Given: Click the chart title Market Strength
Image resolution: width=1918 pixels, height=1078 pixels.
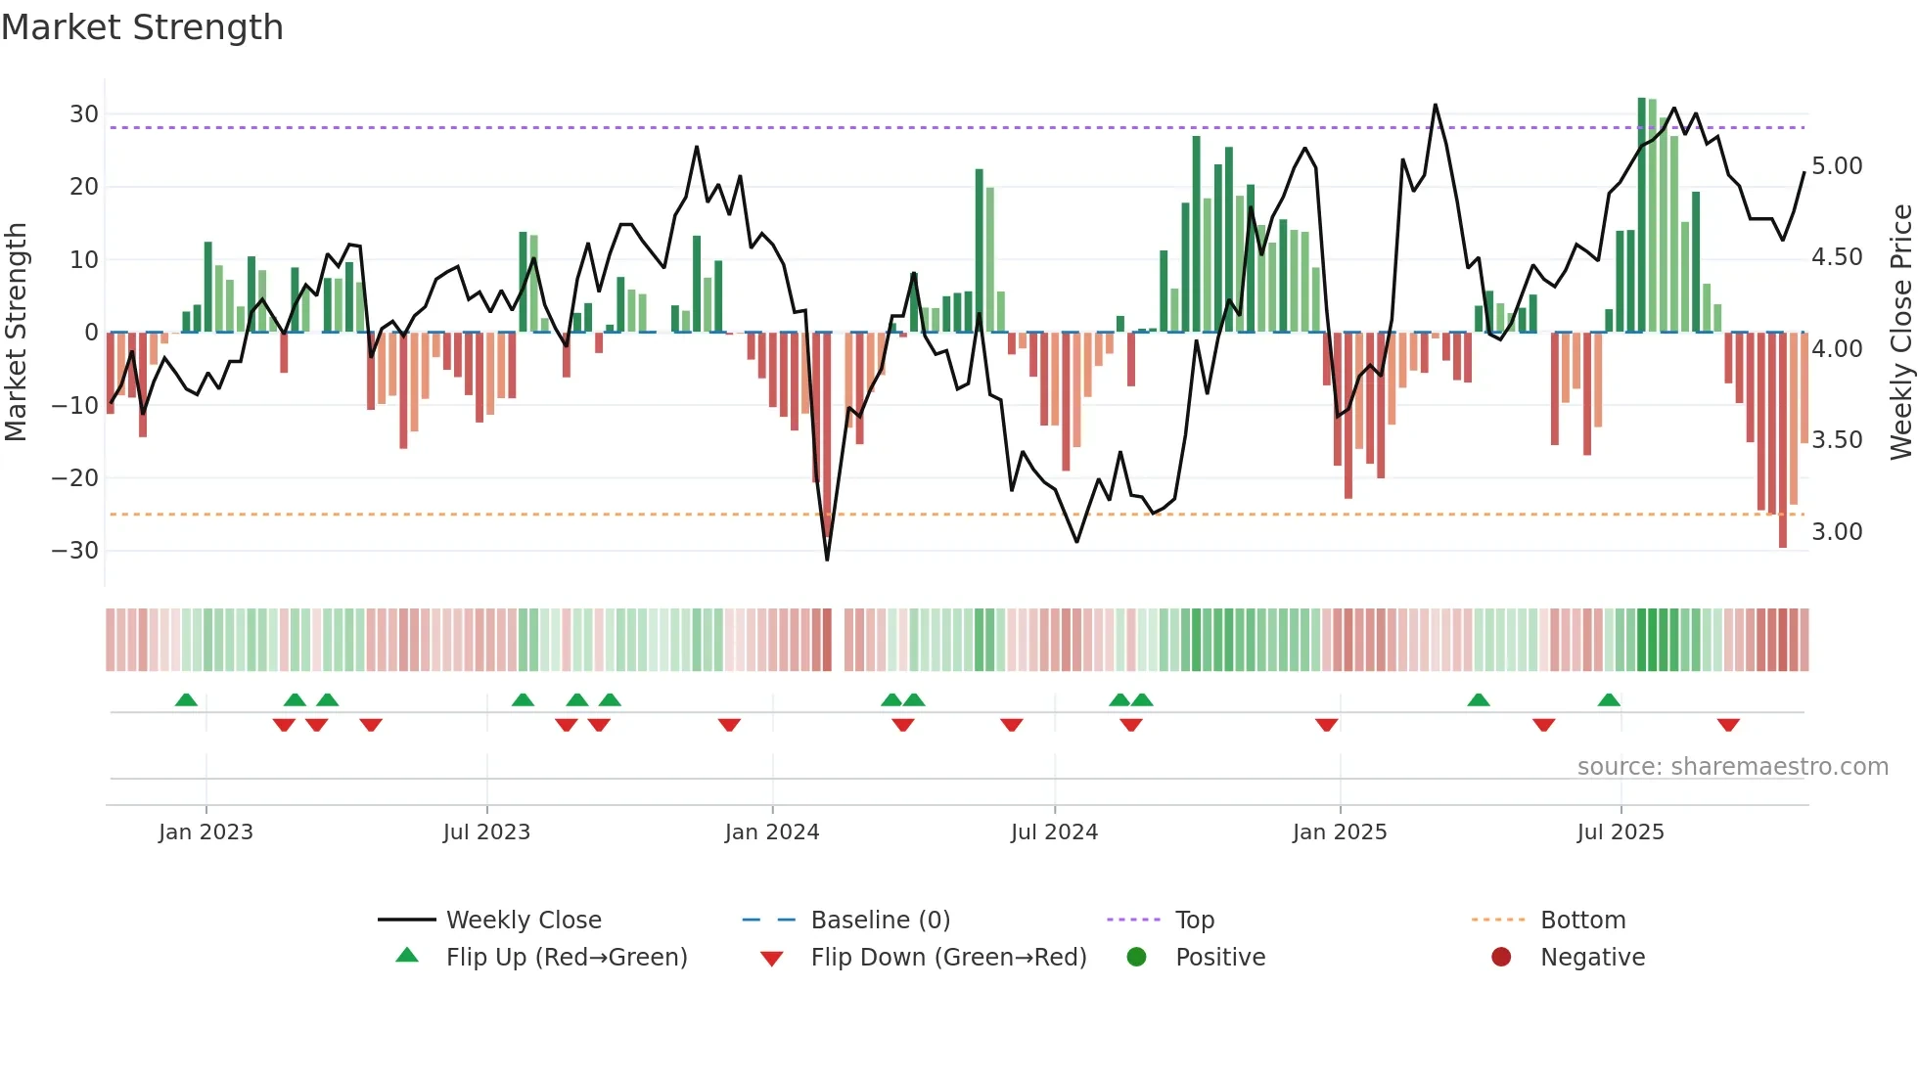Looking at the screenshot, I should [142, 27].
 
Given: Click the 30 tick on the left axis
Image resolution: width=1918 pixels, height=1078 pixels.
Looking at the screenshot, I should [84, 114].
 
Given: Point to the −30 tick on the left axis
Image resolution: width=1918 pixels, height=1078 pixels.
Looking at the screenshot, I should [75, 551].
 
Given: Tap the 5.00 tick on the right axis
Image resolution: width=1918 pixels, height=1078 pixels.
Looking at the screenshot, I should [1837, 166].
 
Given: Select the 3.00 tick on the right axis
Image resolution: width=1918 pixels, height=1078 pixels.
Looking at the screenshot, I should [1837, 532].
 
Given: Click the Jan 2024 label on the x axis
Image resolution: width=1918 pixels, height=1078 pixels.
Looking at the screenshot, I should [772, 832].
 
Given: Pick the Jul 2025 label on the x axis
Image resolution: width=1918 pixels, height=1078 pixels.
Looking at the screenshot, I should [1621, 832].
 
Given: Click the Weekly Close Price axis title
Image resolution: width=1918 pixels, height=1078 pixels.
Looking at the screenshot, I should [1900, 333].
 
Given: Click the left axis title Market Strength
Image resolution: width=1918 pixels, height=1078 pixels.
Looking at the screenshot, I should [16, 333].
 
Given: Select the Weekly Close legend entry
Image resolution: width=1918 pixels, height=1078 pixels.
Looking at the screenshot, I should [524, 921].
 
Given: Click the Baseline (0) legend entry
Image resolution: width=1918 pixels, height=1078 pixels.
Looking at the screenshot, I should [880, 921].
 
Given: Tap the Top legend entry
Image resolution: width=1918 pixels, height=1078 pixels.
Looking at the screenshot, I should [1194, 921].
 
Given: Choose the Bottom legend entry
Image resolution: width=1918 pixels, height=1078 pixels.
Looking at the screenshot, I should [1582, 921].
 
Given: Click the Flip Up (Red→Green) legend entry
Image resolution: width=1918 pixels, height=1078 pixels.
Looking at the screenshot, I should [567, 958].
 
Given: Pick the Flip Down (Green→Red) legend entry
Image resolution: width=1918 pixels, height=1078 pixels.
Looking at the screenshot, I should [948, 958].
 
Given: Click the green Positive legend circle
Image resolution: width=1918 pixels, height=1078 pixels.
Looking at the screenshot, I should [1136, 957].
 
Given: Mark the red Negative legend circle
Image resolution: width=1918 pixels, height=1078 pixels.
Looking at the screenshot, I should [1501, 957].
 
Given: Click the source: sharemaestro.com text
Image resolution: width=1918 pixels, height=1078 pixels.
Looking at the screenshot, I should [1732, 767].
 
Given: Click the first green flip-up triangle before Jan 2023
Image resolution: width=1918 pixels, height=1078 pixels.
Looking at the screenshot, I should [186, 700].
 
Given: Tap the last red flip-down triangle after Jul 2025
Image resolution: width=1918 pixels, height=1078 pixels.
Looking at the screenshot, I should [1728, 725].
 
